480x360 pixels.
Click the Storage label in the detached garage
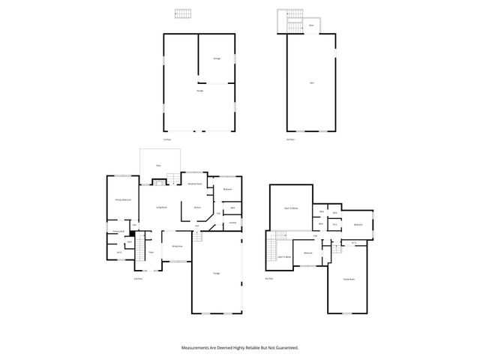tap(217, 58)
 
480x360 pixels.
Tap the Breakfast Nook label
tap(193, 184)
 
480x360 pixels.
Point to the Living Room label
tap(161, 207)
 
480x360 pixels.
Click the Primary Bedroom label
tap(123, 199)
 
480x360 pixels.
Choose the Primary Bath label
tap(118, 231)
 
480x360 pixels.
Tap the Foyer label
tap(150, 252)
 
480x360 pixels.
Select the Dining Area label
tap(177, 246)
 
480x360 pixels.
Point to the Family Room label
tap(349, 279)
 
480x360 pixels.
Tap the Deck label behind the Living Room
tap(158, 165)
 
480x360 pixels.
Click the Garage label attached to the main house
tap(217, 272)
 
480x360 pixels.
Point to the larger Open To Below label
tap(291, 209)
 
